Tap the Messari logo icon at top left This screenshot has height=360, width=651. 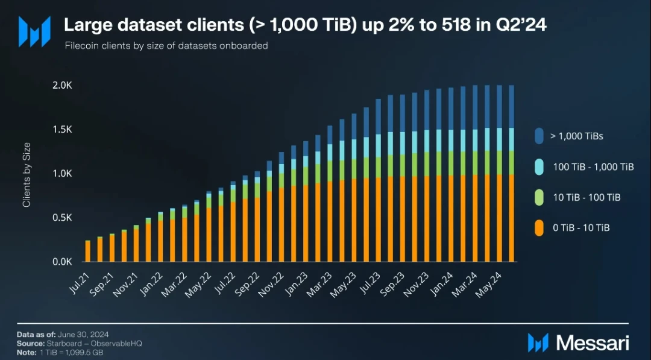[x=34, y=31]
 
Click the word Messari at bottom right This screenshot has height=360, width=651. [x=593, y=343]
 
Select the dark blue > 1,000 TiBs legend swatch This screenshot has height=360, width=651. [x=539, y=136]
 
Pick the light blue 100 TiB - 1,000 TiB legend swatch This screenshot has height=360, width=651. [x=539, y=166]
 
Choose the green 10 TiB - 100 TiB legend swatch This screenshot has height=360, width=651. [x=539, y=197]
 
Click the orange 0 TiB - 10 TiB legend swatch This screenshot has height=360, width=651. [x=539, y=227]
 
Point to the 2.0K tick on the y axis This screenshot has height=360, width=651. [x=62, y=86]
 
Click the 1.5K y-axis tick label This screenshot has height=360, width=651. [x=62, y=130]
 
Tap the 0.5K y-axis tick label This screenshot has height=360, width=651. [x=62, y=218]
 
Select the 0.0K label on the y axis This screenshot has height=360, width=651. [x=62, y=262]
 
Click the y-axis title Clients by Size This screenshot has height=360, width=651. [x=27, y=175]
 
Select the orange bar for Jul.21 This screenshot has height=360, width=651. [x=88, y=251]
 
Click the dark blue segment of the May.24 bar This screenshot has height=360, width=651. [x=499, y=106]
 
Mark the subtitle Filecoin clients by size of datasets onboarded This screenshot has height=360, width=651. [x=166, y=45]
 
